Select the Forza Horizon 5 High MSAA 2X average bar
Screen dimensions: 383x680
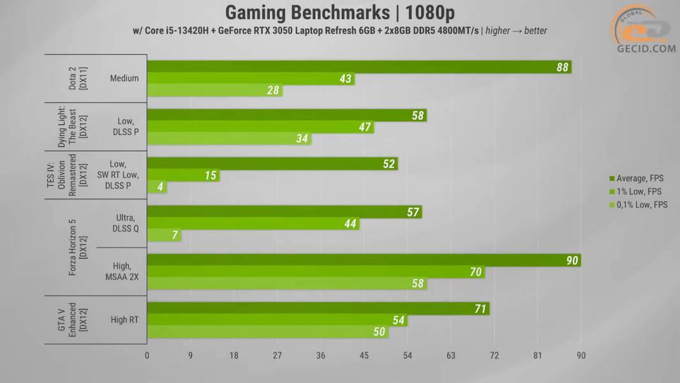[364, 260]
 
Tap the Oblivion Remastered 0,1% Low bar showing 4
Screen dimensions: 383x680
[157, 188]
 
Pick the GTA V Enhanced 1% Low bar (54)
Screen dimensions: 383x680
[277, 320]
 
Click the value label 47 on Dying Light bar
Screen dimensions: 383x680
[365, 128]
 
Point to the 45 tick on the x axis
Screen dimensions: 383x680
[364, 356]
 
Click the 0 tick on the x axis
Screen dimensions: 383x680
[147, 356]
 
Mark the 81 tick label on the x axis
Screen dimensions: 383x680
[537, 356]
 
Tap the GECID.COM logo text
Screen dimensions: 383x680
[646, 49]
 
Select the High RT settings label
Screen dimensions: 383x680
[124, 320]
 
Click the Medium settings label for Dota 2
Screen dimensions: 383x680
[124, 79]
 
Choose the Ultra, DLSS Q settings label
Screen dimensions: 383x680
[124, 224]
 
